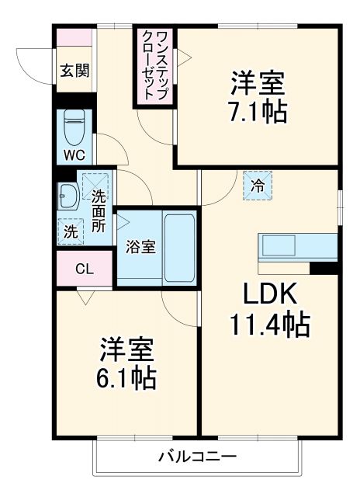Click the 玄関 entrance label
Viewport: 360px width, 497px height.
75,70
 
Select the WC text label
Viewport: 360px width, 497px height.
74,154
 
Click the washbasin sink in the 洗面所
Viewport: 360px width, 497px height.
66,196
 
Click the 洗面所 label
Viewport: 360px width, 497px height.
99,210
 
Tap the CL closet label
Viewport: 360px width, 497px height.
85,269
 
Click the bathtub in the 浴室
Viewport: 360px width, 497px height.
179,247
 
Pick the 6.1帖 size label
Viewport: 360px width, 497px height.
127,378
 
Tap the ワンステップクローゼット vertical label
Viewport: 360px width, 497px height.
153,66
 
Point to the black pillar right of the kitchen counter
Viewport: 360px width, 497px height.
324,268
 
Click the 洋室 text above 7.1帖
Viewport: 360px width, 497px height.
256,82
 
